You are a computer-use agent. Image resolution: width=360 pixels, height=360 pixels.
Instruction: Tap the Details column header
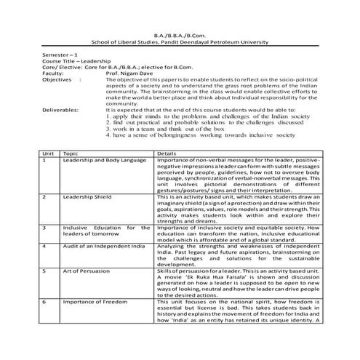pos(167,154)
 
